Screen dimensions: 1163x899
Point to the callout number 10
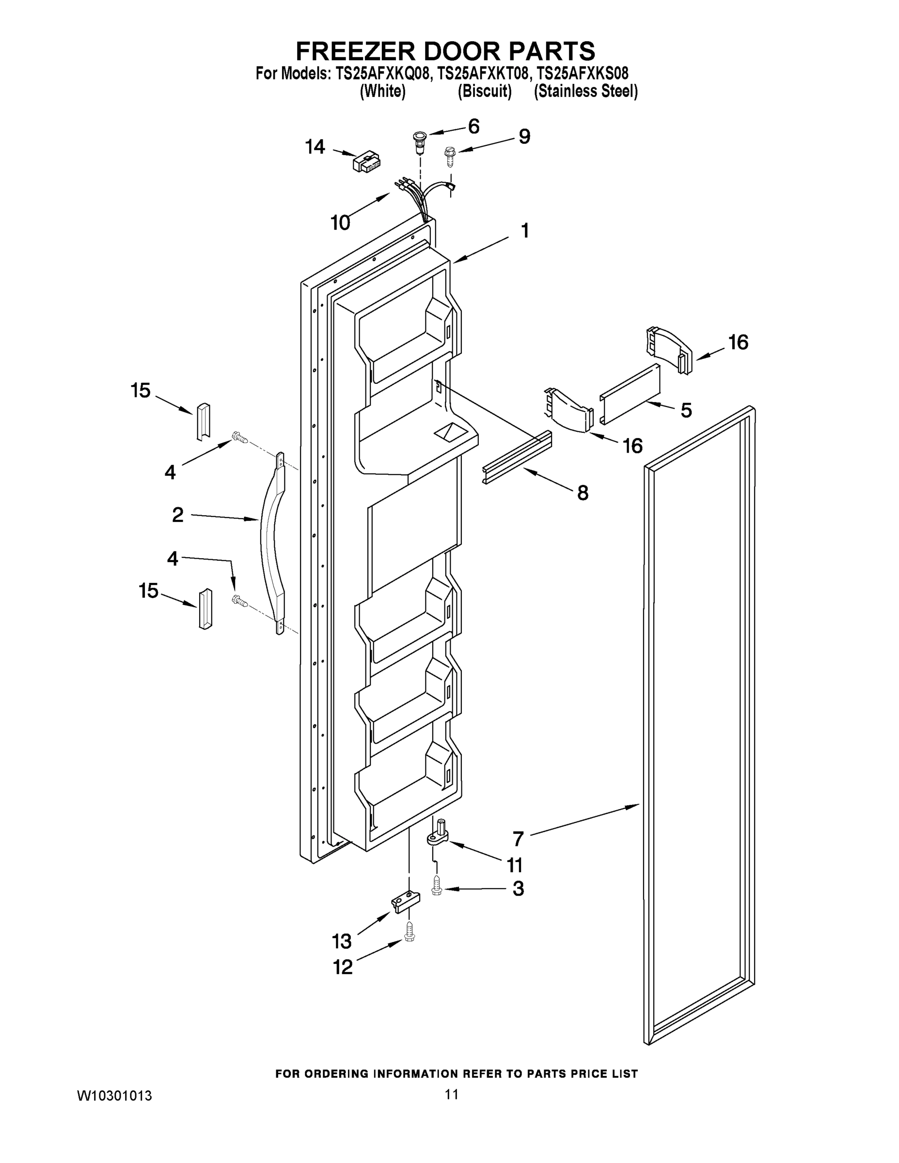click(x=340, y=222)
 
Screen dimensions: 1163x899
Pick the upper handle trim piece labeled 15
click(x=204, y=422)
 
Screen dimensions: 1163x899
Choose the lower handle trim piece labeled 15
click(x=205, y=609)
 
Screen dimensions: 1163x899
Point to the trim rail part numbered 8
click(x=517, y=457)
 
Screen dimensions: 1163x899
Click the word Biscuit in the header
click(x=485, y=92)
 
